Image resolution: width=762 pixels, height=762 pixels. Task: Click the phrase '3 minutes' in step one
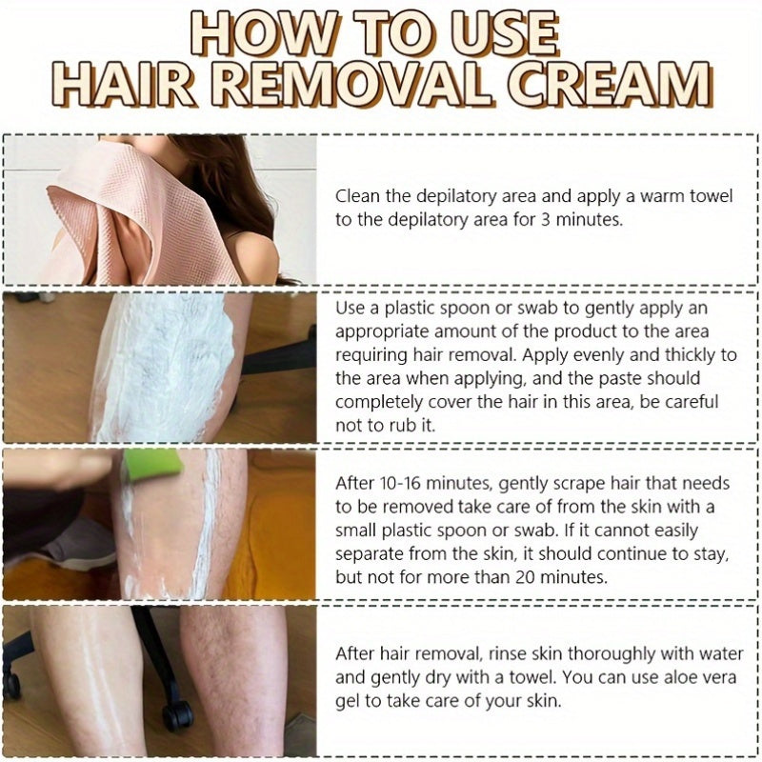pyautogui.click(x=582, y=219)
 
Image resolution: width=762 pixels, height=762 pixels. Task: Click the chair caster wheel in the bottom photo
pyautogui.click(x=177, y=712)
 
